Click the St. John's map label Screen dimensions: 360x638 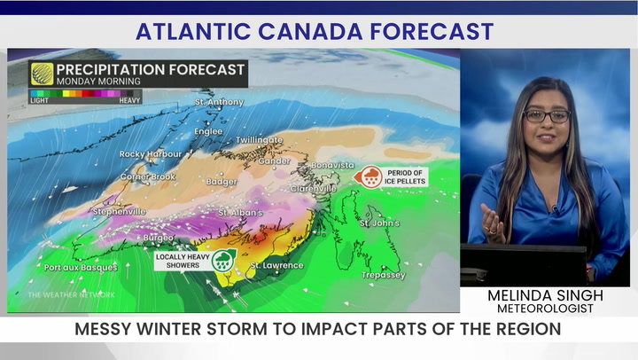[379, 223]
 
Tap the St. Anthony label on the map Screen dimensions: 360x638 [219, 102]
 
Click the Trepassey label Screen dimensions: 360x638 [383, 275]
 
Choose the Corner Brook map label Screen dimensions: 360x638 [148, 177]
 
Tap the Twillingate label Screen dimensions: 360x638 [259, 140]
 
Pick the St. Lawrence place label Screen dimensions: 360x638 [276, 265]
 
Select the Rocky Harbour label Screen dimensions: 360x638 [144, 154]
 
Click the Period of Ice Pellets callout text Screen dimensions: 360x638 [405, 176]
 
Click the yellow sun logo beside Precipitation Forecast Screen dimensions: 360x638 [42, 74]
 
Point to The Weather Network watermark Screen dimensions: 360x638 [71, 294]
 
